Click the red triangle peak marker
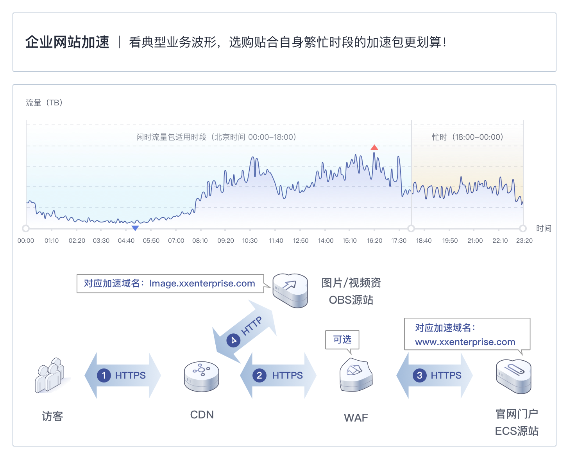pos(374,147)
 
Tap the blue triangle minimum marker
pos(135,228)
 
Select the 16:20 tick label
pos(374,240)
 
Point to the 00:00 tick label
pos(26,240)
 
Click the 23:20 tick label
pos(524,240)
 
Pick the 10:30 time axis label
pos(250,240)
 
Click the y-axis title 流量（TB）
pos(44,103)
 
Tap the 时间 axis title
pos(544,228)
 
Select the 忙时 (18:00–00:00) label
pos(467,137)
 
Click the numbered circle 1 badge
pos(104,375)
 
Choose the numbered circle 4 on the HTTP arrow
pos(233,340)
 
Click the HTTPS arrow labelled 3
pos(435,375)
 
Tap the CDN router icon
pos(201,376)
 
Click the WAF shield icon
pos(356,375)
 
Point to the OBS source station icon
pos(290,290)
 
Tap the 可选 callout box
pos(342,340)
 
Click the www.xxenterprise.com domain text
pos(465,342)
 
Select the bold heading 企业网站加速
pos(67,42)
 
